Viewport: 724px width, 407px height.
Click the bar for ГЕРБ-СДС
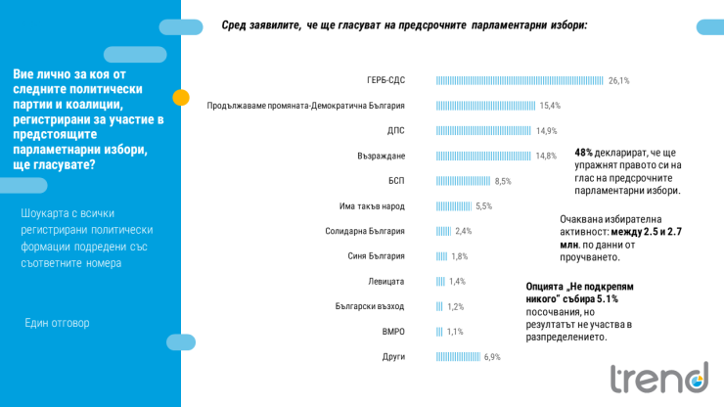[520, 80]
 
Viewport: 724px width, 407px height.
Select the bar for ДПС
[483, 130]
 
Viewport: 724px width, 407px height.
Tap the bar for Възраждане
[483, 156]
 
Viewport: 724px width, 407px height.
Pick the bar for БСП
[463, 181]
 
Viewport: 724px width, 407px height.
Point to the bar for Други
[458, 357]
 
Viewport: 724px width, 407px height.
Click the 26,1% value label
[618, 80]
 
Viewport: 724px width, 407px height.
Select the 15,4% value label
[550, 106]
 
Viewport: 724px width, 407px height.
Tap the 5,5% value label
[483, 206]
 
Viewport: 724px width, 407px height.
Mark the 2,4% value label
[464, 231]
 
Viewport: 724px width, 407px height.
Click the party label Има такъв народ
[371, 206]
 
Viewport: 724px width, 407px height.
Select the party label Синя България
[376, 256]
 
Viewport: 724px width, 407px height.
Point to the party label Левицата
[386, 282]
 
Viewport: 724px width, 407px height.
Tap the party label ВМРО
[393, 332]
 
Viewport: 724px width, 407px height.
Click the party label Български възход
[370, 306]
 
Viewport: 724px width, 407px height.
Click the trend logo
[658, 379]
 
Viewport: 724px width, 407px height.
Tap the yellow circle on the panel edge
[181, 97]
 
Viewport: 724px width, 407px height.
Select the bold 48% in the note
[584, 153]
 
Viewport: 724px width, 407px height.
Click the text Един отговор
[57, 323]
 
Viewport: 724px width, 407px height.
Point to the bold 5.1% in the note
[607, 299]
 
